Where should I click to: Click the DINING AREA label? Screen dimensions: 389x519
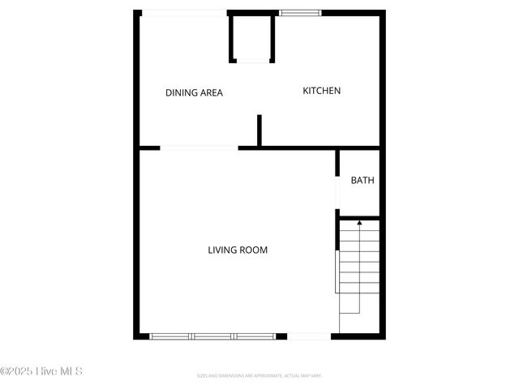click(194, 92)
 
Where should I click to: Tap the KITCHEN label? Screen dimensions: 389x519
click(322, 91)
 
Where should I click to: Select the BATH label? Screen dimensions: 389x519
click(362, 180)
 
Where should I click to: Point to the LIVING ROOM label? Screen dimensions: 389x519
click(238, 250)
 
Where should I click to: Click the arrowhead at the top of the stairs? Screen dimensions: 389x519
click(359, 222)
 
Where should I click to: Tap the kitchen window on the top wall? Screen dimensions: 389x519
click(300, 12)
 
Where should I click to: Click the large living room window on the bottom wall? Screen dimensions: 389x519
click(212, 336)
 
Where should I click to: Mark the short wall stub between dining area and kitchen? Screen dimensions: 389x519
click(259, 130)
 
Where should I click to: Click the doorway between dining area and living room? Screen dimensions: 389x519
click(199, 147)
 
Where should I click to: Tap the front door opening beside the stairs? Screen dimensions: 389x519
click(309, 336)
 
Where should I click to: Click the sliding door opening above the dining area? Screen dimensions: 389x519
click(184, 12)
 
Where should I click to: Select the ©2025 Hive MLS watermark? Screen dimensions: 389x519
click(41, 371)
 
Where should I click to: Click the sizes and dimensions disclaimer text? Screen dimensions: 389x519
click(259, 375)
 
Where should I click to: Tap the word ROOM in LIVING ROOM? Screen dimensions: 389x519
click(253, 250)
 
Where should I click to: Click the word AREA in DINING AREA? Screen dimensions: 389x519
click(210, 92)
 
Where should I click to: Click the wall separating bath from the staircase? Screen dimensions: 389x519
click(358, 217)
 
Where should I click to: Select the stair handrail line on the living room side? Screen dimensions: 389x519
click(337, 271)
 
